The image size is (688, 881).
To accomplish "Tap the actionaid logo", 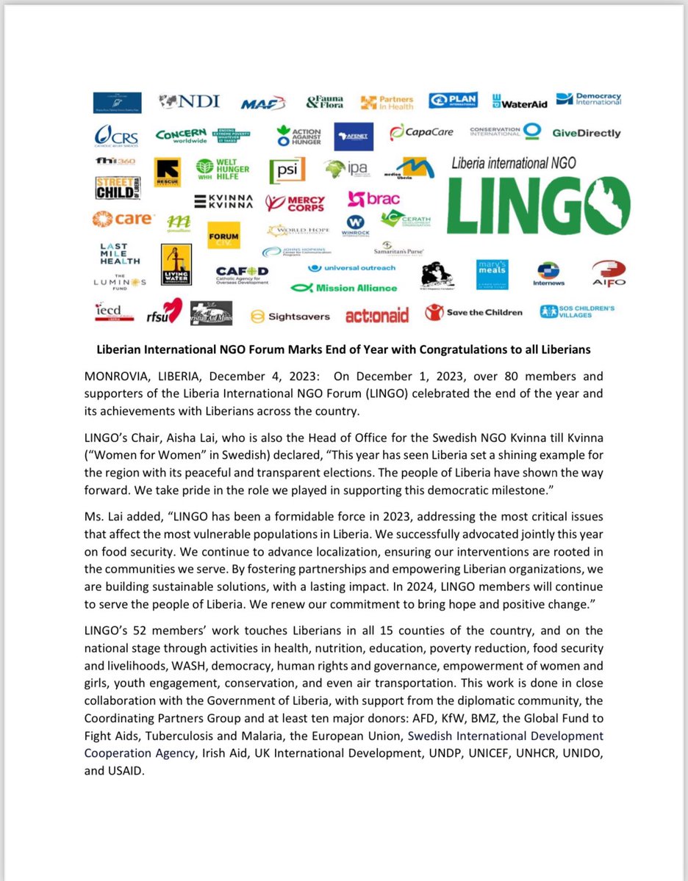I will pyautogui.click(x=376, y=316).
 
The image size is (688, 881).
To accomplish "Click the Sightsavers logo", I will pyautogui.click(x=290, y=316).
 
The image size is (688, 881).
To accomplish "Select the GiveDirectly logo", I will pyautogui.click(x=585, y=133).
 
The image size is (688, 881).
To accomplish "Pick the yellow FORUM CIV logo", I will pyautogui.click(x=223, y=236).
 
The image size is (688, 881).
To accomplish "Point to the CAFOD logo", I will pyautogui.click(x=242, y=272).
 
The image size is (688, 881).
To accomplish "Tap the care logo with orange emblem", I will pyautogui.click(x=122, y=218).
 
